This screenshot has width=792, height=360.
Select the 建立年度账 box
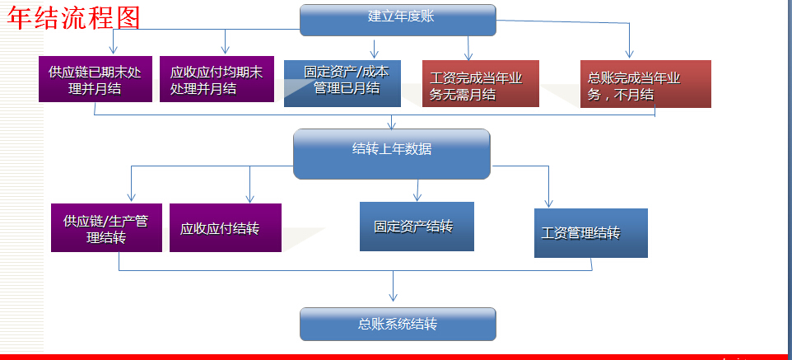tap(398, 21)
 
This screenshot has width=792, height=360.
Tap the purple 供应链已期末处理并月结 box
tap(96, 79)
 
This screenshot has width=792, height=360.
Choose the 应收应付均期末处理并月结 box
tap(217, 79)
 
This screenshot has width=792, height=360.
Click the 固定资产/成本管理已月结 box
tap(342, 83)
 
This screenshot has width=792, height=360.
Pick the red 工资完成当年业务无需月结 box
tap(481, 83)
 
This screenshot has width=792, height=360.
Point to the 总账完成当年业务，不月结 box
tap(645, 84)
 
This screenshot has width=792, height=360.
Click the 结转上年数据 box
tap(392, 154)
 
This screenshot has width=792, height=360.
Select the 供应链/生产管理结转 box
tap(106, 227)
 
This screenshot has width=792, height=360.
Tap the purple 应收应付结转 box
tap(226, 227)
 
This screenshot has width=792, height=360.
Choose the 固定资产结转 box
tap(417, 227)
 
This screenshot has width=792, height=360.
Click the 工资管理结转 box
tap(591, 233)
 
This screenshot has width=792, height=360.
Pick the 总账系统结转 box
tap(398, 324)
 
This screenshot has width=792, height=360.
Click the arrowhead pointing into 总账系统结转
tap(394, 297)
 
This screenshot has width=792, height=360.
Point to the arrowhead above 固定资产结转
tap(417, 196)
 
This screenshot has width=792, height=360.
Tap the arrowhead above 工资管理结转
tap(548, 203)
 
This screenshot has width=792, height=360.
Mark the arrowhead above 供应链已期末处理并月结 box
tap(113, 49)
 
